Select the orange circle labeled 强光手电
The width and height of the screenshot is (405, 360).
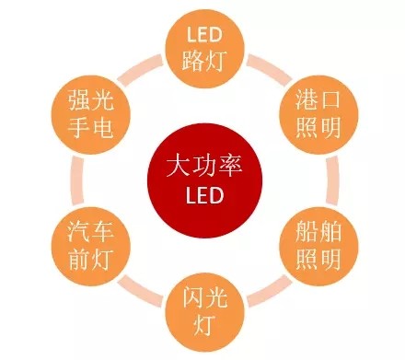[90, 111]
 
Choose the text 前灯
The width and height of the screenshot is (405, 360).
[91, 256]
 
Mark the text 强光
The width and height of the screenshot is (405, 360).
[90, 99]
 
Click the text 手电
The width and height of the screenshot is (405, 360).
[90, 125]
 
